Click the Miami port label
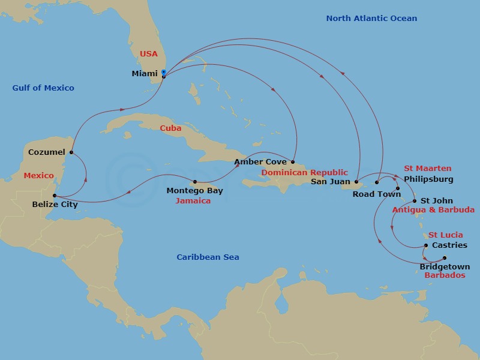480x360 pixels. (145, 74)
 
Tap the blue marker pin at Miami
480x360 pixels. (164, 73)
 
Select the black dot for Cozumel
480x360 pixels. (71, 152)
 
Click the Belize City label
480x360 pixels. (55, 204)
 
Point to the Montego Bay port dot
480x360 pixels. (195, 182)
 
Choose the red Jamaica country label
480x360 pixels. (193, 201)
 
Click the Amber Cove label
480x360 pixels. (260, 161)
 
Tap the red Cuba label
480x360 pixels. (170, 128)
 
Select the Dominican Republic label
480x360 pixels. (304, 172)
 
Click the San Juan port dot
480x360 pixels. (356, 182)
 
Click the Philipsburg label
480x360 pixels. (428, 179)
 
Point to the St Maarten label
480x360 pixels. (427, 169)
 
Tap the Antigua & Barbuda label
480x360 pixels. (433, 210)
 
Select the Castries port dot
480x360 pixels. (426, 245)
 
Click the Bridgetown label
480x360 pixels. (445, 266)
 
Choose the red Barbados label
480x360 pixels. (445, 275)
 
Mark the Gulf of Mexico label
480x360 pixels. (43, 88)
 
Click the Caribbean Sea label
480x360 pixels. (208, 257)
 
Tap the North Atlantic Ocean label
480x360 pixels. (371, 19)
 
